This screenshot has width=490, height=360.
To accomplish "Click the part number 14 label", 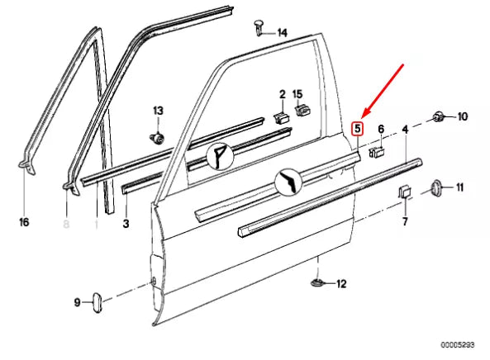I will (x=282, y=33).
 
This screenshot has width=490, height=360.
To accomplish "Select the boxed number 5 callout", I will (x=357, y=129).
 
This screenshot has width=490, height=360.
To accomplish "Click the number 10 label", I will (x=462, y=116).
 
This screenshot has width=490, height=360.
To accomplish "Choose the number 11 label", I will (x=460, y=187).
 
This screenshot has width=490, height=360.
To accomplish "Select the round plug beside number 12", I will (x=318, y=284).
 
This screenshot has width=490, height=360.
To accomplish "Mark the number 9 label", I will (x=78, y=302).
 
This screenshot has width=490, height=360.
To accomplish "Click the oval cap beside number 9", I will (x=95, y=301).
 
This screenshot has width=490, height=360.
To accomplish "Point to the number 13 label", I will (x=158, y=111).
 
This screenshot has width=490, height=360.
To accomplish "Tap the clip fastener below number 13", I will (x=155, y=135).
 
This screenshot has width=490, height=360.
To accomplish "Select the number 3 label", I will (x=126, y=223).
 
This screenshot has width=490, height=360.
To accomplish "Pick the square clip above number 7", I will (x=406, y=193).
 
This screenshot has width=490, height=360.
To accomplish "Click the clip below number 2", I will (x=280, y=116).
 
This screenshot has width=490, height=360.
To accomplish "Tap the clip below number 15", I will (x=302, y=111).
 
